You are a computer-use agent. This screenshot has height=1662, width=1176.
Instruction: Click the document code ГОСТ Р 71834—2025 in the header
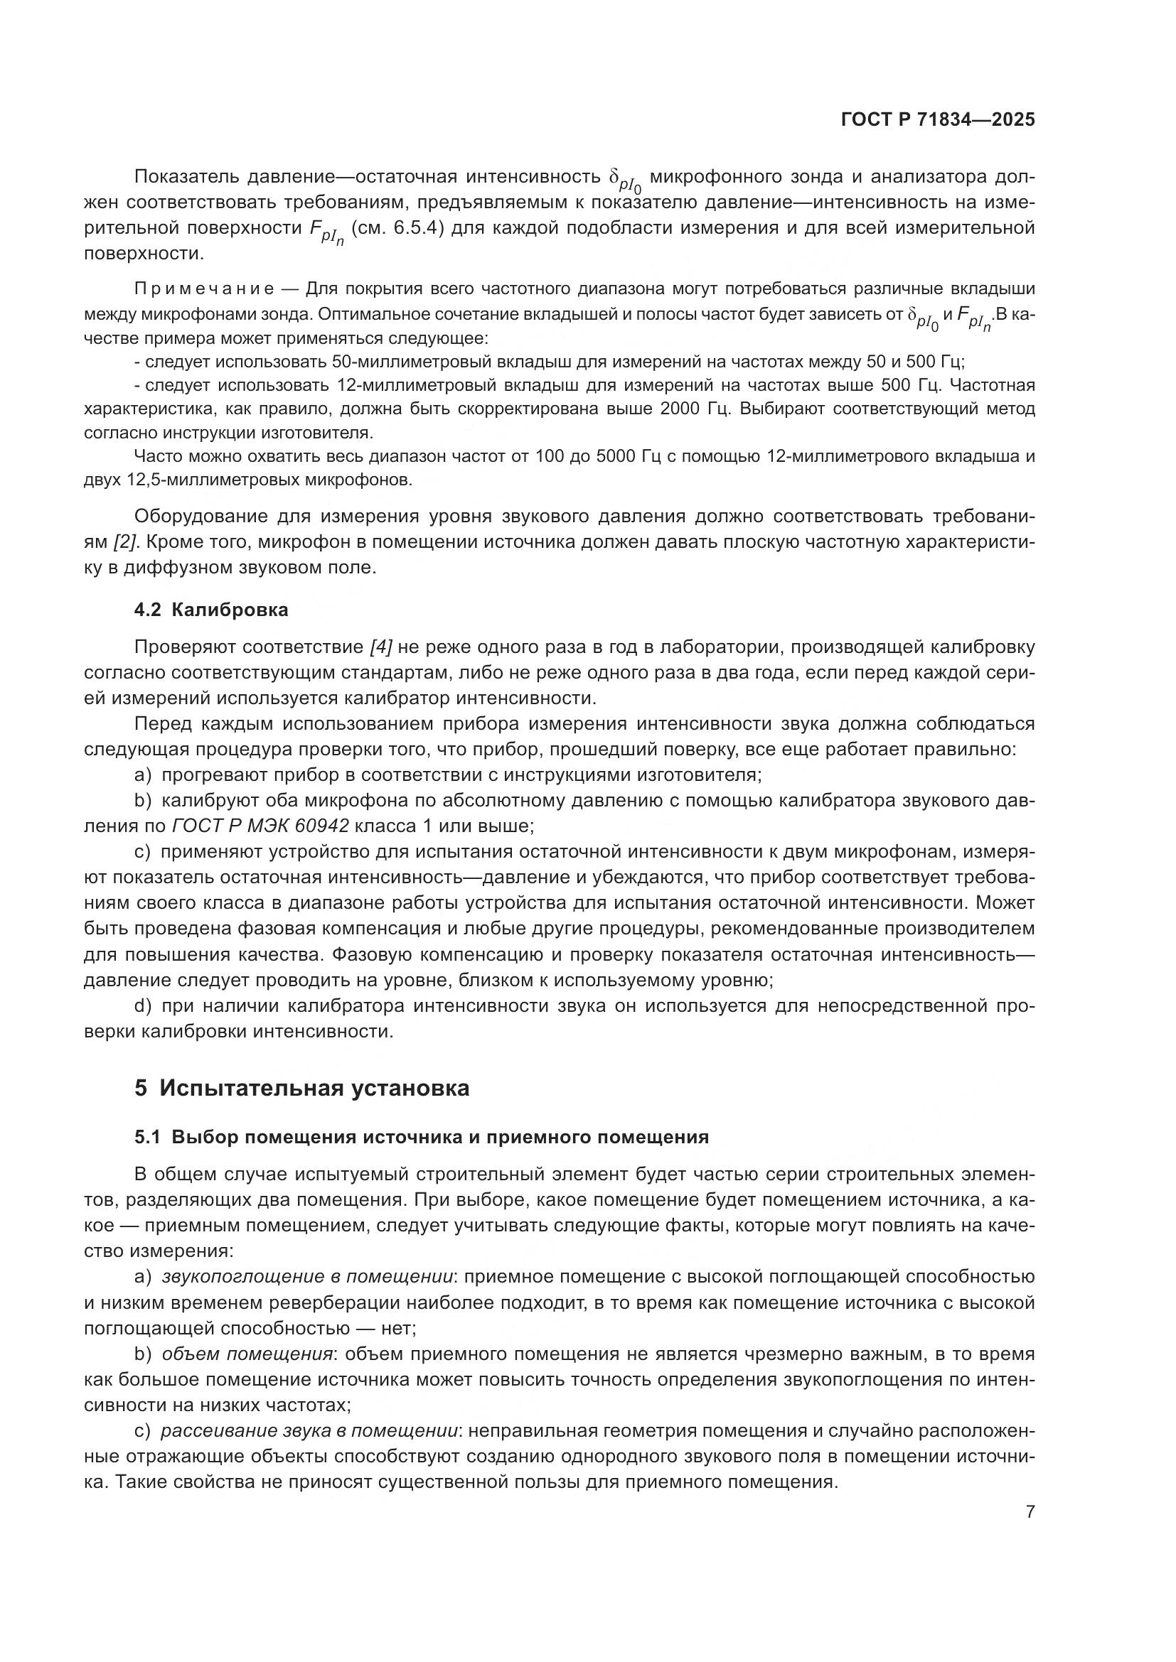tap(938, 120)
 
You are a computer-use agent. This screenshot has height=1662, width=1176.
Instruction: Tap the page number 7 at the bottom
tap(1030, 1512)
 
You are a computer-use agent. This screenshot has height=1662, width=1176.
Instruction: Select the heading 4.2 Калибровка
tap(210, 610)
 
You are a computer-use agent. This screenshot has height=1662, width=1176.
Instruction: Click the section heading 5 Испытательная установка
tap(302, 1088)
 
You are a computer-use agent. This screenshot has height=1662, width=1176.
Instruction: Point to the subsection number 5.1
tap(147, 1137)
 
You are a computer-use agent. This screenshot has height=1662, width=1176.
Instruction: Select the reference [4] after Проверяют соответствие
tap(381, 647)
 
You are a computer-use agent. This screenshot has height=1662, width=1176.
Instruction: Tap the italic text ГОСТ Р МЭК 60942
tap(261, 826)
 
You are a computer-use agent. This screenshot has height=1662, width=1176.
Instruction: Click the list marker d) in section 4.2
tap(143, 1006)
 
